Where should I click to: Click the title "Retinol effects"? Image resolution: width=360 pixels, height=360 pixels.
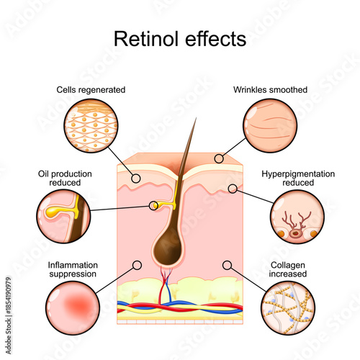click(x=180, y=38)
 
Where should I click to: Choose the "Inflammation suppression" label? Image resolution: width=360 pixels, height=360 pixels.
click(x=72, y=269)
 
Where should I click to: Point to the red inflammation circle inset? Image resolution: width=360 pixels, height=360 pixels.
click(x=71, y=307)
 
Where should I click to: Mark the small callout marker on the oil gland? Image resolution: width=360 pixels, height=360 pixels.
click(x=153, y=206)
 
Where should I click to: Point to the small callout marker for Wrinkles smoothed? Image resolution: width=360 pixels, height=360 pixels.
click(x=217, y=157)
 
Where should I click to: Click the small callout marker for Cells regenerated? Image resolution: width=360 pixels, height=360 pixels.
click(x=135, y=176)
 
